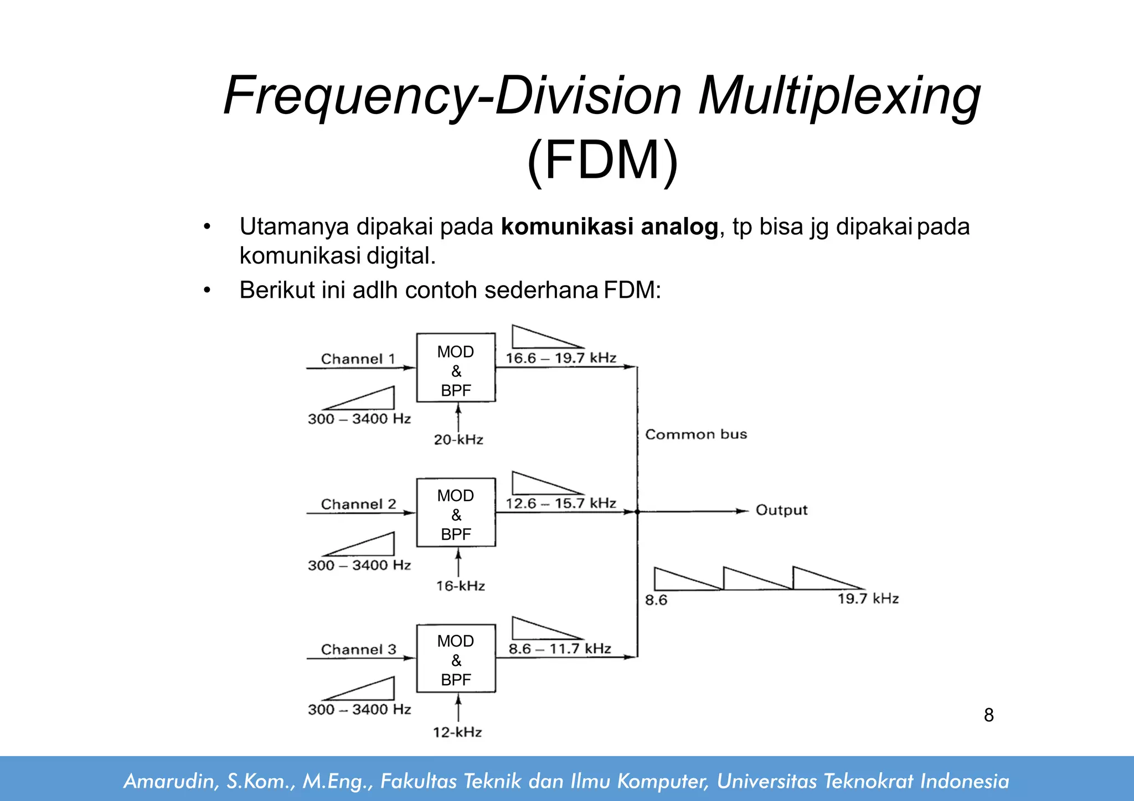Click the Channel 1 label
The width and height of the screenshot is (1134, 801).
358,359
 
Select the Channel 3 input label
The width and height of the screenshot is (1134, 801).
358,649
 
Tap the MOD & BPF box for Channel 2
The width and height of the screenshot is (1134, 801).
456,513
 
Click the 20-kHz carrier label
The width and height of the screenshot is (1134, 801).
458,440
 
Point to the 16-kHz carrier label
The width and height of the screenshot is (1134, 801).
460,586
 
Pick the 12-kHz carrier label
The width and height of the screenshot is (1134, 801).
457,732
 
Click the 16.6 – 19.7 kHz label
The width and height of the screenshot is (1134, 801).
560,358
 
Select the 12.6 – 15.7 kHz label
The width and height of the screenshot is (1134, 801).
560,503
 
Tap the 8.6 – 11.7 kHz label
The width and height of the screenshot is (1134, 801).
560,648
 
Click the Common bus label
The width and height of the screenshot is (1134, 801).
696,434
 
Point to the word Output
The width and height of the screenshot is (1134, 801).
781,510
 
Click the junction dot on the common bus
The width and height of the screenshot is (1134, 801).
637,512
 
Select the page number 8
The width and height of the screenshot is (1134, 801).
988,715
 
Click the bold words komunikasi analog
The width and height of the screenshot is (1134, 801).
609,227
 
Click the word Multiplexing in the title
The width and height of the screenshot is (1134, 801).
839,96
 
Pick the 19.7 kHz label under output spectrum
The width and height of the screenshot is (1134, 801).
868,598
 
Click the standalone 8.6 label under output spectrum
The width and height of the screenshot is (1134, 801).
656,600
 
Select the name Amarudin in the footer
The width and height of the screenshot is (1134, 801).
168,781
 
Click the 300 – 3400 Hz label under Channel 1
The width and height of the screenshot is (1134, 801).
359,419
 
